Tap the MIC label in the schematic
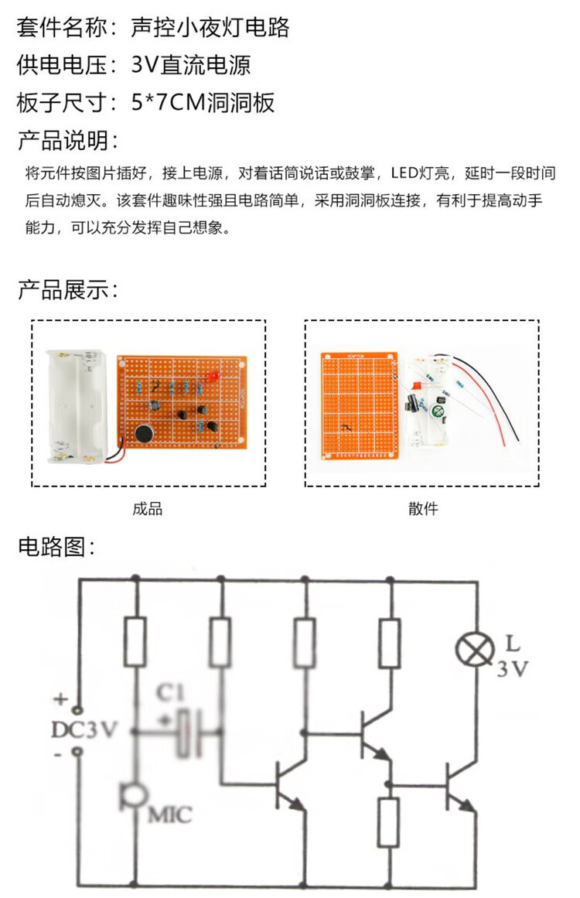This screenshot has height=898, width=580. (x=170, y=814)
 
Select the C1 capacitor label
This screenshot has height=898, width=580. (x=171, y=693)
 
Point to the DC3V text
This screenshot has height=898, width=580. (x=84, y=729)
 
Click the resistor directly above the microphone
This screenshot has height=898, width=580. (x=135, y=641)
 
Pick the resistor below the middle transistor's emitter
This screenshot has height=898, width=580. (x=389, y=822)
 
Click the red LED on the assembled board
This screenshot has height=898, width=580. (x=213, y=376)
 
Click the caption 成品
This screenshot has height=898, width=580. (x=147, y=509)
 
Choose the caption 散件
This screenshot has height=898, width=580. (x=423, y=509)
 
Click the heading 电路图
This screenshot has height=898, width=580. (x=56, y=546)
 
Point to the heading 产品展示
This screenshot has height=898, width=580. (x=67, y=290)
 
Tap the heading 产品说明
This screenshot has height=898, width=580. (x=67, y=140)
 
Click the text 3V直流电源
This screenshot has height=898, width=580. (x=191, y=65)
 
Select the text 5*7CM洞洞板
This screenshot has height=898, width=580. (x=203, y=102)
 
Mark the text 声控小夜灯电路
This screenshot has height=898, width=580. (x=210, y=27)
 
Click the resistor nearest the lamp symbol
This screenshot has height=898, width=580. (x=389, y=643)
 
